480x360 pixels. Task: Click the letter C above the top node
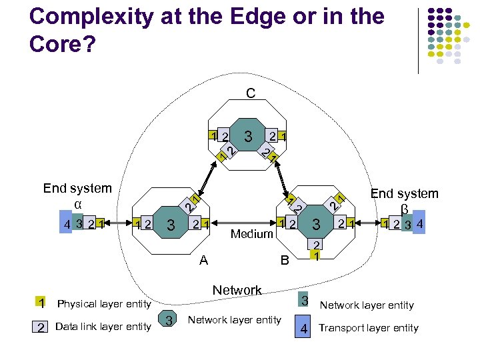pyautogui.click(x=250, y=93)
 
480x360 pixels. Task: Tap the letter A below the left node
pyautogui.click(x=204, y=261)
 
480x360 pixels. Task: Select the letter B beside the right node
pyautogui.click(x=285, y=261)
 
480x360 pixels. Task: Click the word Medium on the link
pyautogui.click(x=252, y=234)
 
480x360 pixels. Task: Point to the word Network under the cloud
pyautogui.click(x=237, y=290)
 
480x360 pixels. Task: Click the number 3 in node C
pyautogui.click(x=248, y=137)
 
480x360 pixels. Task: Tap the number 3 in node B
pyautogui.click(x=317, y=224)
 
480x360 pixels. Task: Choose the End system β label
pyautogui.click(x=404, y=200)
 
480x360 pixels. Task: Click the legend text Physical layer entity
pyautogui.click(x=104, y=305)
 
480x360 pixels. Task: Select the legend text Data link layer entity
pyautogui.click(x=103, y=326)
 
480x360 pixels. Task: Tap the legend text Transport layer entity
pyautogui.click(x=369, y=327)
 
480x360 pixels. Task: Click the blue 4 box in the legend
pyautogui.click(x=303, y=327)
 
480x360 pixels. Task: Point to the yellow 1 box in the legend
pyautogui.click(x=41, y=303)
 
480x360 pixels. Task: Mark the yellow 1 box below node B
pyautogui.click(x=317, y=255)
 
